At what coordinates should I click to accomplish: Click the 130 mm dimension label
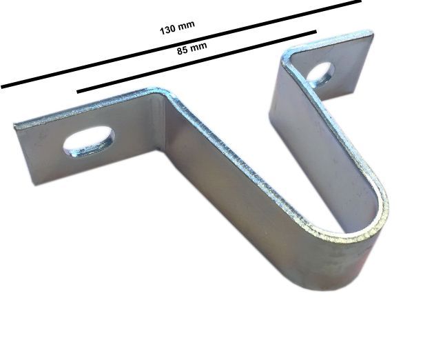click(177, 28)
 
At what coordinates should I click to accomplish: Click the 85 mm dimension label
click(192, 48)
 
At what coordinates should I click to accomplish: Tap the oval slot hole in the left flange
click(89, 141)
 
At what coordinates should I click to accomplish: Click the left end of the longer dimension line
click(1, 87)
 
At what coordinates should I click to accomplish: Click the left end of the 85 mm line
click(78, 92)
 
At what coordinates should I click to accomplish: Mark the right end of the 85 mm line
click(316, 32)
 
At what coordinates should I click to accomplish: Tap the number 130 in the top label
click(167, 30)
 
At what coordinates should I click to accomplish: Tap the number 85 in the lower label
click(183, 50)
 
